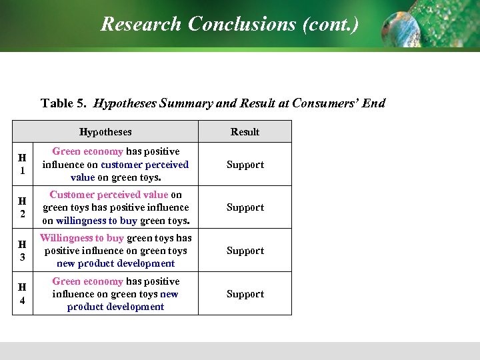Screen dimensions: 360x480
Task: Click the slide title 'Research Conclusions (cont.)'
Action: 229,25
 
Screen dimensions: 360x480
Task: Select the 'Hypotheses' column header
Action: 105,132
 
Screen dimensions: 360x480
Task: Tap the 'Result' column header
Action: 245,132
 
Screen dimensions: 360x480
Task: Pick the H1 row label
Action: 22,164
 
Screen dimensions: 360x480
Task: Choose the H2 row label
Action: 22,207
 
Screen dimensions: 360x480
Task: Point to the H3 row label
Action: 22,251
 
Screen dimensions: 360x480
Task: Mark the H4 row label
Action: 22,294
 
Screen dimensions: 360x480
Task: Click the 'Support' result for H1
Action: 245,165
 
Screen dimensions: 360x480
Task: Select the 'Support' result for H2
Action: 245,207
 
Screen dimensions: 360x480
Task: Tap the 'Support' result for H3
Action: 245,251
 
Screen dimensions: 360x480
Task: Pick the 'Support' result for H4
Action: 245,294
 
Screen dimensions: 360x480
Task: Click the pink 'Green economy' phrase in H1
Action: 87,152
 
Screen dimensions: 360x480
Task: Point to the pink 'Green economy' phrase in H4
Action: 87,281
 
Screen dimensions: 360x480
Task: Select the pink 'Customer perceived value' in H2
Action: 109,195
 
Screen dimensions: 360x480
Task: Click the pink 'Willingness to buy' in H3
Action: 82,238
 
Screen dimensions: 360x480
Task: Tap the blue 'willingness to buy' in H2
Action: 97,221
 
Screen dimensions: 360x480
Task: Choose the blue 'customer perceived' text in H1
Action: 145,165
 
